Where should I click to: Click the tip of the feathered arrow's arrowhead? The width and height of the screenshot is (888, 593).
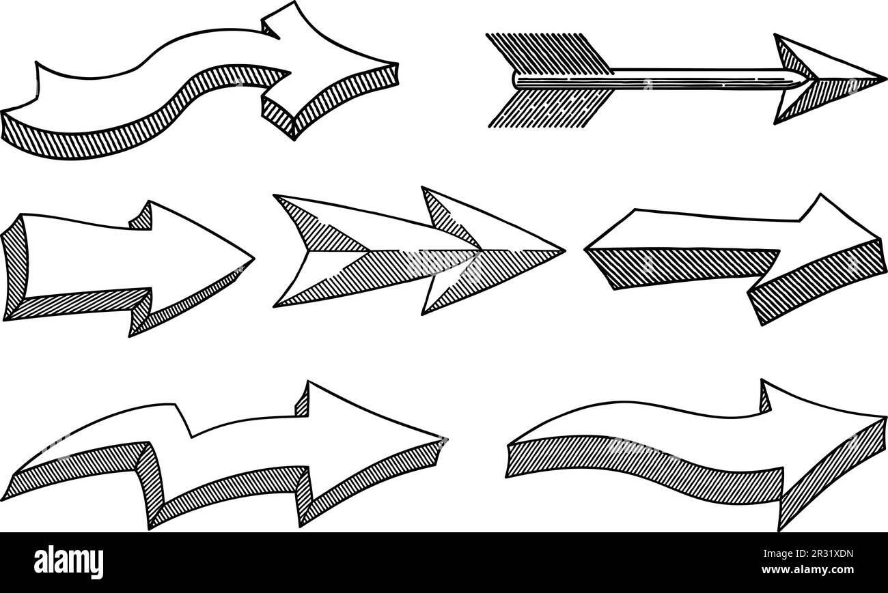pos(884,77)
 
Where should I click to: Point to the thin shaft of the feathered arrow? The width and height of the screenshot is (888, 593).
pos(683,78)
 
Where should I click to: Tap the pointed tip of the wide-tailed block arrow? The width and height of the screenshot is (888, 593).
pos(252,259)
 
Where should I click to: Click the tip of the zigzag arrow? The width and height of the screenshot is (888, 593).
pos(445,438)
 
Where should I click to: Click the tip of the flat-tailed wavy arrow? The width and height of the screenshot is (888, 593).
pos(884,418)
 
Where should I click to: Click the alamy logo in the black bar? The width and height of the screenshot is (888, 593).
pos(69,562)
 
